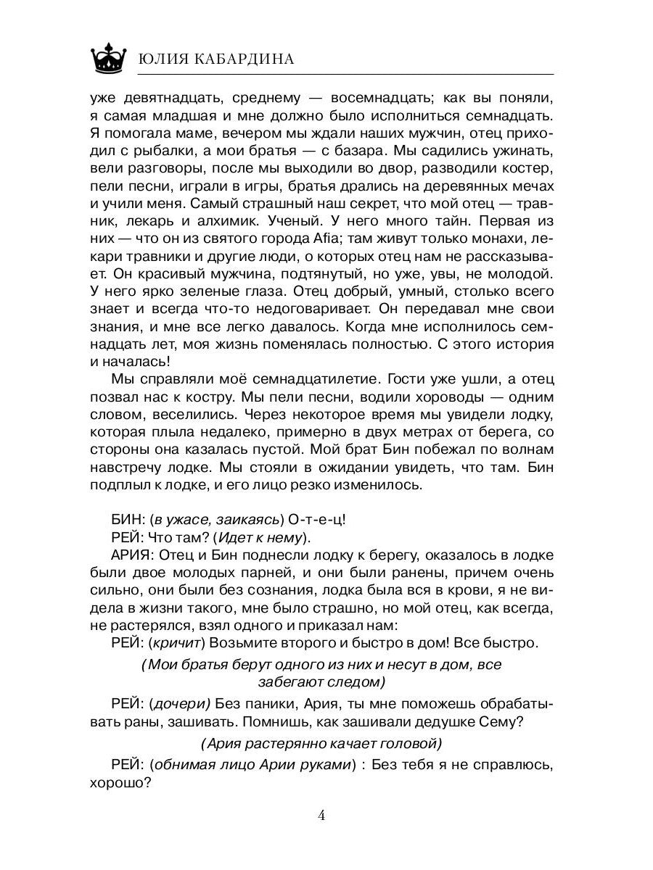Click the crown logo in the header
click(x=110, y=56)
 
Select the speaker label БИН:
click(x=128, y=518)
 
